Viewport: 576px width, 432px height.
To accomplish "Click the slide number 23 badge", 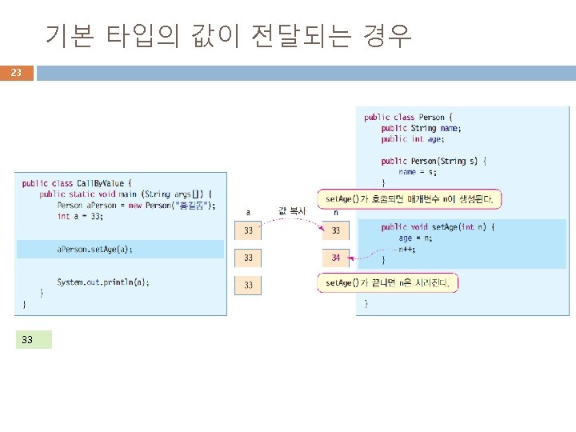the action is pos(16,74).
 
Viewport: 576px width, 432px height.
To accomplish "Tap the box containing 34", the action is pos(336,258).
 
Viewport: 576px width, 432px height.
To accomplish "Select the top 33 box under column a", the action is pos(249,230).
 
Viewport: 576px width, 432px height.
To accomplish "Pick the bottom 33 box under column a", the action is pos(249,285).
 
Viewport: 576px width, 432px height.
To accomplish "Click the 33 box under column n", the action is pos(336,230).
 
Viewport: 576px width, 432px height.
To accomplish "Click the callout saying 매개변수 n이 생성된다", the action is pos(410,198).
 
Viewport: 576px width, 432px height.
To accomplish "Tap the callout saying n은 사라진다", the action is pos(388,282).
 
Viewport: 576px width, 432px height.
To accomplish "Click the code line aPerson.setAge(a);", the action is pos(94,249).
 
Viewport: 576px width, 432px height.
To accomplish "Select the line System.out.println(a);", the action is pos(103,282).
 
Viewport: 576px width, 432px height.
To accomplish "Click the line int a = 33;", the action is pos(80,216).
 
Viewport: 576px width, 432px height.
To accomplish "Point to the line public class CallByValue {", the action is pos(78,182).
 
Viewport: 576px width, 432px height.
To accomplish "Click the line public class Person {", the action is pos(409,117).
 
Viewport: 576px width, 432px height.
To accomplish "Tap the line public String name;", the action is pos(421,128).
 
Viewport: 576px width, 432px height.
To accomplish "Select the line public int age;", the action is pos(411,138).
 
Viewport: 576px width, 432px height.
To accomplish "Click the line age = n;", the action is pos(416,238).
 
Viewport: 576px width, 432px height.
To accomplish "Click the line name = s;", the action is pos(418,171).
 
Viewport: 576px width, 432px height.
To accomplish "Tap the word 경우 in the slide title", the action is pos(387,35).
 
